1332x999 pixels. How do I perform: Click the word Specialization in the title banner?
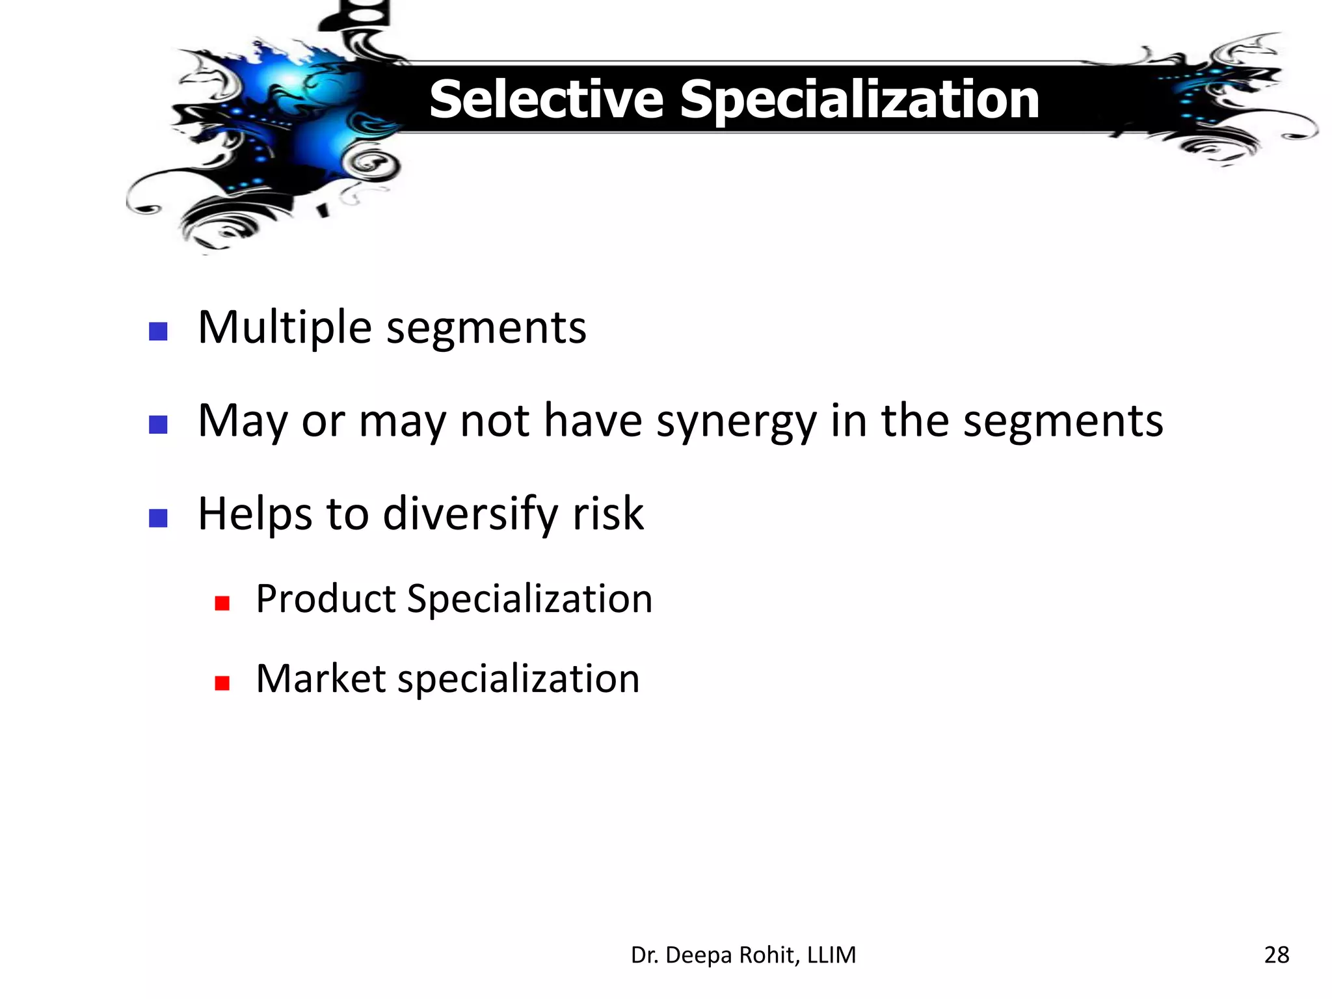pos(859,101)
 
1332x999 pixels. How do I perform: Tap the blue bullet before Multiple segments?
pos(158,332)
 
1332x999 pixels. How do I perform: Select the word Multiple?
pos(285,328)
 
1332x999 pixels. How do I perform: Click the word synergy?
pos(736,423)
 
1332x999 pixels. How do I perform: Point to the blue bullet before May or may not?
pos(158,425)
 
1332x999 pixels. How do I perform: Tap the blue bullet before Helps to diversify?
pos(158,518)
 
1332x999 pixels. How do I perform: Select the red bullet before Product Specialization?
pos(222,604)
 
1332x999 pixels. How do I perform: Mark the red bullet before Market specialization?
pos(222,683)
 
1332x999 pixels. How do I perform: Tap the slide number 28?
pos(1276,955)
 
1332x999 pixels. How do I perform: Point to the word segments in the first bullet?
pos(486,329)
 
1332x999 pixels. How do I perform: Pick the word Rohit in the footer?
pos(767,955)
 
